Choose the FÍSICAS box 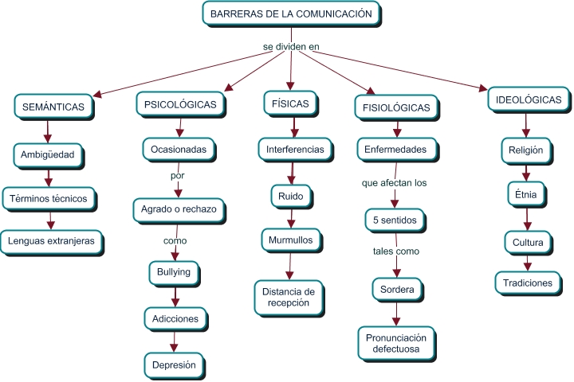290,103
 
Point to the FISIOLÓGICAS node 396,107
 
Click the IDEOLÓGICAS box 529,100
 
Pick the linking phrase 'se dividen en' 290,47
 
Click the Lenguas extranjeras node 51,240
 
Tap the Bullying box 174,272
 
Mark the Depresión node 175,364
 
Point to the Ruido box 291,194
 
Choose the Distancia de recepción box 289,297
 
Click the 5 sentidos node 394,218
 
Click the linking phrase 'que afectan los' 394,182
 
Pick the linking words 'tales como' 395,251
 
